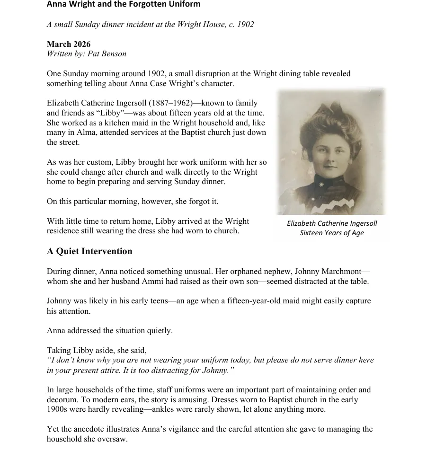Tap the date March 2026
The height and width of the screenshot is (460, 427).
tap(69, 44)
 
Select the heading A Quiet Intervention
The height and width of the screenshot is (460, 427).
tap(89, 251)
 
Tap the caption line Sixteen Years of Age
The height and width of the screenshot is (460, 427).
tap(331, 233)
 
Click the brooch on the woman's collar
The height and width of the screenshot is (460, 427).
tap(321, 184)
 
